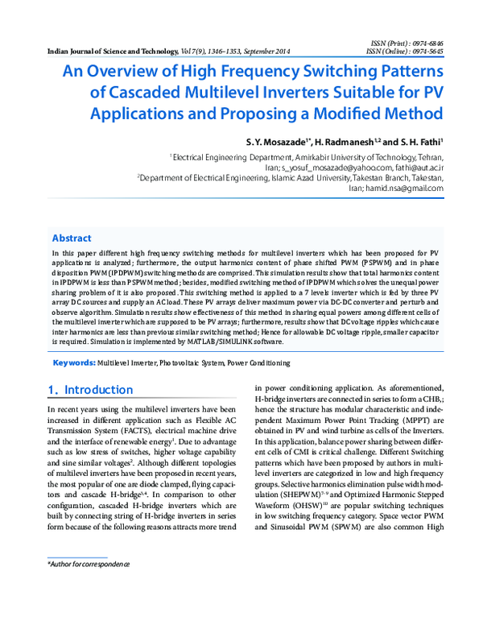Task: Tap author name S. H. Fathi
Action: coord(417,141)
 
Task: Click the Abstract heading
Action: coord(72,238)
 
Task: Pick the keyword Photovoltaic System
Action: coord(191,365)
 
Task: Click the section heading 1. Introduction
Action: coord(85,390)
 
